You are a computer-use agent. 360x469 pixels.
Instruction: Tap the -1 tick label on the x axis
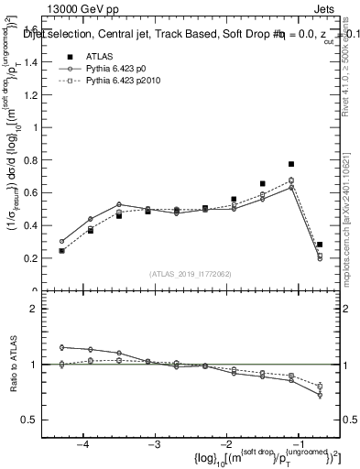299,444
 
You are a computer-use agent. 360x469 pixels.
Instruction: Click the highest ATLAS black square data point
290,164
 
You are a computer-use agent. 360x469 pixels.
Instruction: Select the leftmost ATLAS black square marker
61,250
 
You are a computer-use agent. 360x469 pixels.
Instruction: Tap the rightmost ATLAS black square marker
319,245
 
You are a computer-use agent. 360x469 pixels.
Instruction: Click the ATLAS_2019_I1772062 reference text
190,274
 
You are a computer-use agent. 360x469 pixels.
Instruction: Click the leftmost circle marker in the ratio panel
61,347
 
